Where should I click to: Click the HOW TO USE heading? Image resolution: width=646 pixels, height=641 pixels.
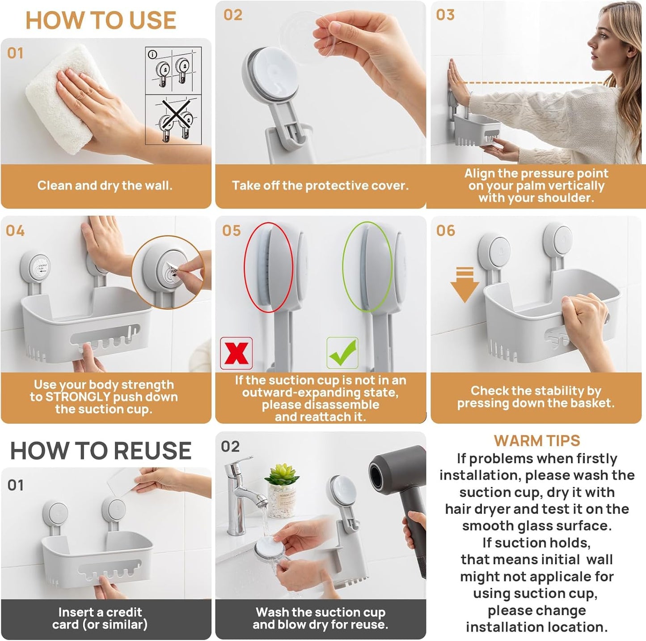101,21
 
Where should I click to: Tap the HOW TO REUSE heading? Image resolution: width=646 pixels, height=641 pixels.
101,450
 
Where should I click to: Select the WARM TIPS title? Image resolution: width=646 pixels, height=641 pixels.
536,440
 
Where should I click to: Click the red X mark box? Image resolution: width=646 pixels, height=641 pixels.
236,353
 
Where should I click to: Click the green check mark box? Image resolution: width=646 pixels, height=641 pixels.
342,353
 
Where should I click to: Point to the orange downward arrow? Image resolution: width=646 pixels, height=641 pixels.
464,285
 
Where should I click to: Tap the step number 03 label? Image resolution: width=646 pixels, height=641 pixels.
445,15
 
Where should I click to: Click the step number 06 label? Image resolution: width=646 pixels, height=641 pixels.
446,231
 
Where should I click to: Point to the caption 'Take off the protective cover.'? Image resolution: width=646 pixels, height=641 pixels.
320,186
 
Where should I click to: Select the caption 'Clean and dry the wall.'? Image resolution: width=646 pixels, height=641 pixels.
105,186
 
